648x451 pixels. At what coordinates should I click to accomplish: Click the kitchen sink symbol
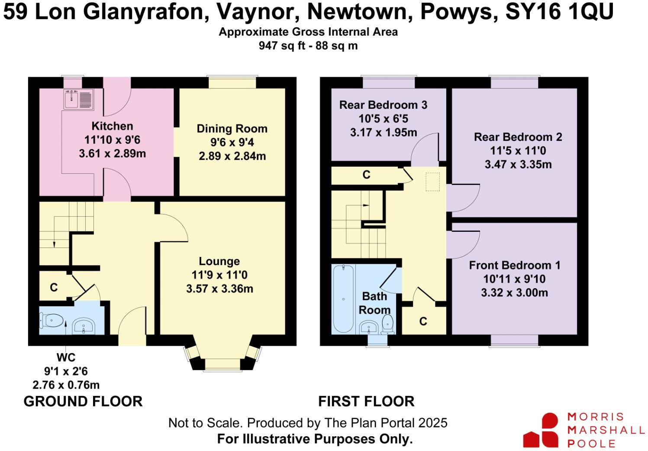(78, 99)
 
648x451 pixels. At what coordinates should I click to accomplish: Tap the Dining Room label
(232, 129)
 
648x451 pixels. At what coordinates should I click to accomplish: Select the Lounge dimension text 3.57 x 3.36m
(219, 289)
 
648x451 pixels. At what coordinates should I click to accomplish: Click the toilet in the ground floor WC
(51, 321)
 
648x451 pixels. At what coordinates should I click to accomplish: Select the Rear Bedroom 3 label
(383, 105)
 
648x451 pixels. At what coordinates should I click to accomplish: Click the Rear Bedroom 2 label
(518, 137)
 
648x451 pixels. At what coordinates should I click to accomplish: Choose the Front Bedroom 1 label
(514, 265)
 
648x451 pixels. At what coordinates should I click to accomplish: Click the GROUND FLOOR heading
(83, 402)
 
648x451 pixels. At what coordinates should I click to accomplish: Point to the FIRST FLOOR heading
(366, 402)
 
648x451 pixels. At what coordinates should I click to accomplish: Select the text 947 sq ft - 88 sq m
(308, 45)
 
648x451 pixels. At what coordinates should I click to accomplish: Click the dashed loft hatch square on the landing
(432, 182)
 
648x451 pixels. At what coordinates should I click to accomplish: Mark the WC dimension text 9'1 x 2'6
(66, 371)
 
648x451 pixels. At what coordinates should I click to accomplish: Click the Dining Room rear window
(232, 83)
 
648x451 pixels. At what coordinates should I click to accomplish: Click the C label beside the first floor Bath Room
(423, 321)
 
